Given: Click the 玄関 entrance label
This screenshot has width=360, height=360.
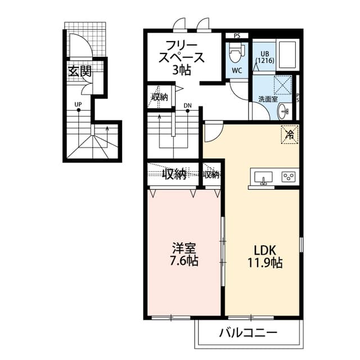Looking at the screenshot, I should (80, 71).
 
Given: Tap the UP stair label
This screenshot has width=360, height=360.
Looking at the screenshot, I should (78, 104).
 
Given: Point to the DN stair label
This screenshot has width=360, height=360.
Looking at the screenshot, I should (187, 105).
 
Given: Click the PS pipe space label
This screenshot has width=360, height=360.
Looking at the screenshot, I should (237, 36).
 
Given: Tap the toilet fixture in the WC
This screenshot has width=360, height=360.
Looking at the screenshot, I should (236, 54).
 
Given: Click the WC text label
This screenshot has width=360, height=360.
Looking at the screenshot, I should (237, 71).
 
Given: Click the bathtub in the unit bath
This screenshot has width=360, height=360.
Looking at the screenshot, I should (288, 55).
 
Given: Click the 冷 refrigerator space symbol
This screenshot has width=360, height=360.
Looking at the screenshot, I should (290, 134).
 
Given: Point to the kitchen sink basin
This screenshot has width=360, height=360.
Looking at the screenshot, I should (263, 177).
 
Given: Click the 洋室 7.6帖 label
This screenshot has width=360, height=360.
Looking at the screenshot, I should (186, 255).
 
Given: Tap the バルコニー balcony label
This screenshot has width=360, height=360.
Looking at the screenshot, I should (248, 333).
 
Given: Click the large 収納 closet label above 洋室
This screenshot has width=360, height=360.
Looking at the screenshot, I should (174, 175).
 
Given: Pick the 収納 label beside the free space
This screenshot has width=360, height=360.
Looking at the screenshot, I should (160, 97).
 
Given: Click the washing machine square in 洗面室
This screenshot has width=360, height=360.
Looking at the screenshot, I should (283, 84).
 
